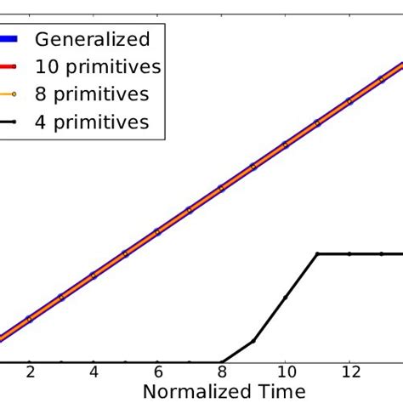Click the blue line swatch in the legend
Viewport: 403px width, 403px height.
[x=7, y=39]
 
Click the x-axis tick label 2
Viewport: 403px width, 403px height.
[x=30, y=372]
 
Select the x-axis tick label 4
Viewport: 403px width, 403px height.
[x=94, y=372]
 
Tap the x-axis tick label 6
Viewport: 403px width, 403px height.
[x=157, y=372]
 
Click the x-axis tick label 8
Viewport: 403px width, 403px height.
[x=221, y=372]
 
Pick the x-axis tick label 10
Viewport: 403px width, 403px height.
[x=286, y=372]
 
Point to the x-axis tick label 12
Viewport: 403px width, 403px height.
[x=349, y=372]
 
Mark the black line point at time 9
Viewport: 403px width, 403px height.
[x=253, y=341]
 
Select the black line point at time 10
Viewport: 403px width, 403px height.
[x=286, y=297]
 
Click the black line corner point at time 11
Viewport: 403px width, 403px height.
[x=317, y=253]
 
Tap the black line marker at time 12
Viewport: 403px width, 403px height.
[x=349, y=253]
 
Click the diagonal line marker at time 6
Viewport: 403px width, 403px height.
[x=157, y=231]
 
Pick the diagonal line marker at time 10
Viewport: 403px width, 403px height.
[x=286, y=144]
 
